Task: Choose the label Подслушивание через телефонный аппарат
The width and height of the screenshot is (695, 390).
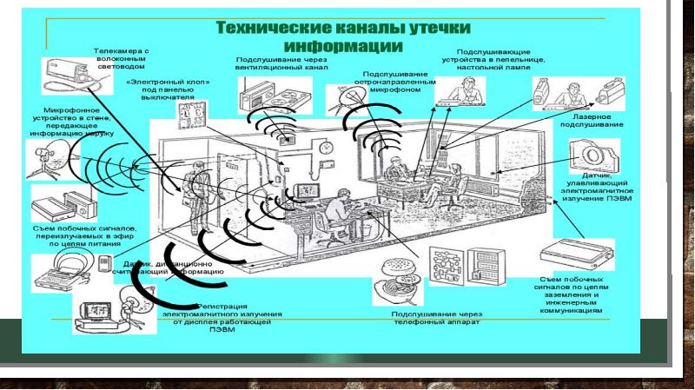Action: point(434,319)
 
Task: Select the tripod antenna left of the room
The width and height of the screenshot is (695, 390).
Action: point(43,162)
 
